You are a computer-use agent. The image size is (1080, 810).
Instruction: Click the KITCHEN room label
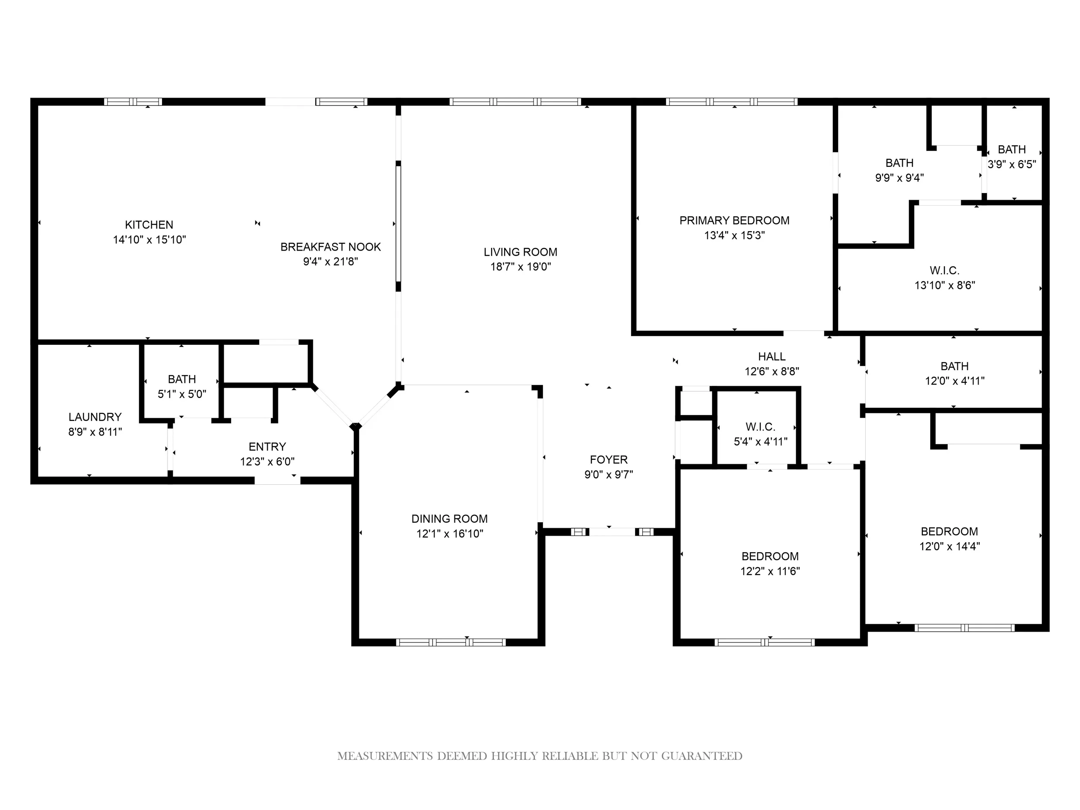point(149,225)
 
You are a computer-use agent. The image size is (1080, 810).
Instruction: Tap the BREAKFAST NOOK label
point(330,247)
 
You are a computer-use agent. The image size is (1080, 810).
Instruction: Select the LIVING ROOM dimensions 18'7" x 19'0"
point(521,267)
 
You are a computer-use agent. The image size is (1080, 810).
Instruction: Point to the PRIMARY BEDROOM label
point(734,221)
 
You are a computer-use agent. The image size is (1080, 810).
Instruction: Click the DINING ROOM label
point(450,519)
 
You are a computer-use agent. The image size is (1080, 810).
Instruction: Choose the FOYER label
point(609,460)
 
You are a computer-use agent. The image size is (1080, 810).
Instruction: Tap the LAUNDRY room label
point(95,417)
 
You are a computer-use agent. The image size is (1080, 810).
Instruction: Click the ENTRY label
point(267,447)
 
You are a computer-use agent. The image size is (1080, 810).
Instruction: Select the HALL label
point(772,356)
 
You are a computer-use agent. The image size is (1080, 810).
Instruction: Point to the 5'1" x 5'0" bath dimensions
point(181,394)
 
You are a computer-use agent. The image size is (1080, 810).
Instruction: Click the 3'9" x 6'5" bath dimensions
point(1012,164)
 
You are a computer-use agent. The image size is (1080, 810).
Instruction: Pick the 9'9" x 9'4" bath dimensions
point(899,178)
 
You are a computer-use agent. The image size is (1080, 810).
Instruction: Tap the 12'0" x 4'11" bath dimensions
point(955,381)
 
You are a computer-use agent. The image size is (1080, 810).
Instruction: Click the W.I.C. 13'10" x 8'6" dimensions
point(945,285)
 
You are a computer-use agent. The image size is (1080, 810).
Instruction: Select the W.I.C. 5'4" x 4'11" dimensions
point(761,442)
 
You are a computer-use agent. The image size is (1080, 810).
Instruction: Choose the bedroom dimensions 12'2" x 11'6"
point(770,571)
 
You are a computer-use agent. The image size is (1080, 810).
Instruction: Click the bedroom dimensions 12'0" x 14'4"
point(950,546)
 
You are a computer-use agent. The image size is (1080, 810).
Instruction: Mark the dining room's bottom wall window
point(451,642)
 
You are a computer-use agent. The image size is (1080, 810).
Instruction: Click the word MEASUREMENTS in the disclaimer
point(385,756)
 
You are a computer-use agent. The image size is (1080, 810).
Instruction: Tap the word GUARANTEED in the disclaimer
point(702,756)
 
